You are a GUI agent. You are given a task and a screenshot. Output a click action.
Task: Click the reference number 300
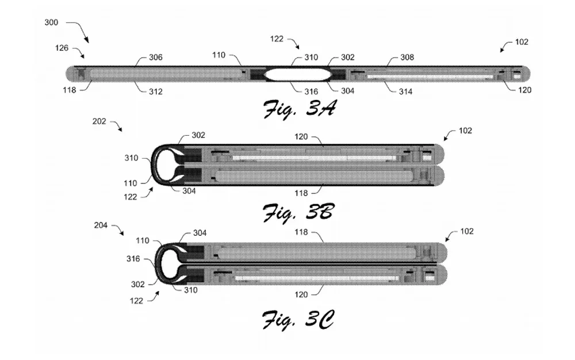[51, 22]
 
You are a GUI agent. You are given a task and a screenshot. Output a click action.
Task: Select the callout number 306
[155, 58]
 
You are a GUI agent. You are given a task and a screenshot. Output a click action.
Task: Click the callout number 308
[407, 58]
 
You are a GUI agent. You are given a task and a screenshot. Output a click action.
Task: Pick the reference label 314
[406, 91]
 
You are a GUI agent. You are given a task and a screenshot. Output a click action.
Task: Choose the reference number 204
[101, 226]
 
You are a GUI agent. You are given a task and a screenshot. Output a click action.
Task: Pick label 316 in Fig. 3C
[133, 259]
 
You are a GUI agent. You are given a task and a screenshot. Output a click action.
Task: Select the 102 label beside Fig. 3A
[522, 42]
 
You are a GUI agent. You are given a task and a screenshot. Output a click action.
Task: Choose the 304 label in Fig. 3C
[199, 233]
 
